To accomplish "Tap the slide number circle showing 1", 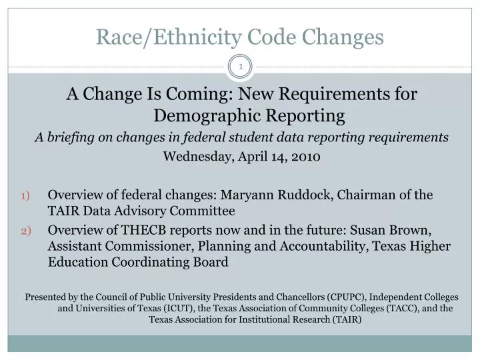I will [x=241, y=67].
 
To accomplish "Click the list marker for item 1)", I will [x=26, y=196].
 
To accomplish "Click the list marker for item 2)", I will [x=26, y=230].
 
